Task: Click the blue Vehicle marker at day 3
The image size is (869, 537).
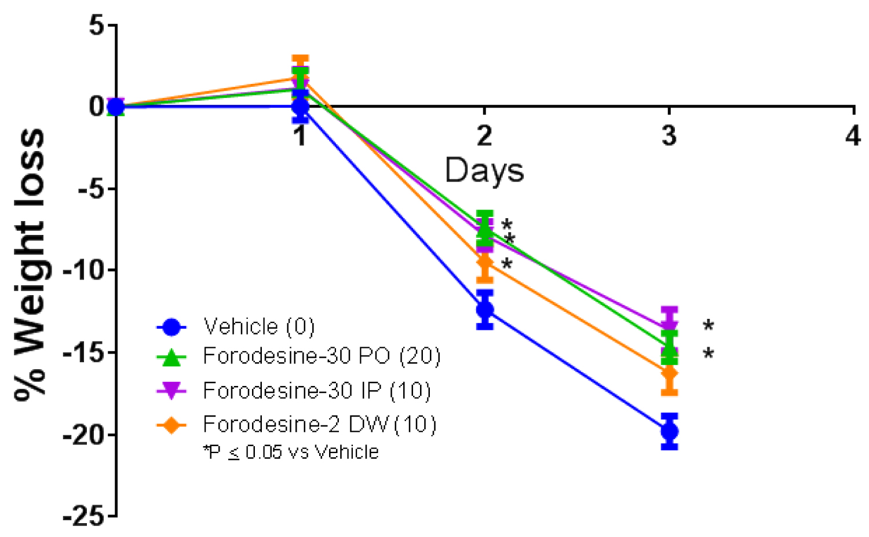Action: tap(669, 431)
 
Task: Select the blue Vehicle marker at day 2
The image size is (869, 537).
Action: tap(485, 310)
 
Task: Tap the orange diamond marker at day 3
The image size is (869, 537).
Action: tap(669, 374)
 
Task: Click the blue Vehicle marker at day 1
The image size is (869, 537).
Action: tap(300, 106)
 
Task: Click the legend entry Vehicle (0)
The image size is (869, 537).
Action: tap(258, 327)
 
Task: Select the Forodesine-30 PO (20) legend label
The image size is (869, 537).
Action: tap(322, 356)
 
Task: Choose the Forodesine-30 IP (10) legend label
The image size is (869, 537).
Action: tap(317, 391)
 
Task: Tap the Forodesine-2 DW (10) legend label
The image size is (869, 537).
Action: tap(319, 425)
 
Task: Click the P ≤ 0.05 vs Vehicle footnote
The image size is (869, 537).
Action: tap(291, 452)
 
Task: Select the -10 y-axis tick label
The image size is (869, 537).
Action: tap(85, 270)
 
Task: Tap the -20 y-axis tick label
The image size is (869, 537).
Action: tap(85, 435)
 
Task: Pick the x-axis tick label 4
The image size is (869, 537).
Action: tap(853, 136)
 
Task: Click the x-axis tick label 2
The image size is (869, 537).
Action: tap(484, 136)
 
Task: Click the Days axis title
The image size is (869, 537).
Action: tap(484, 171)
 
